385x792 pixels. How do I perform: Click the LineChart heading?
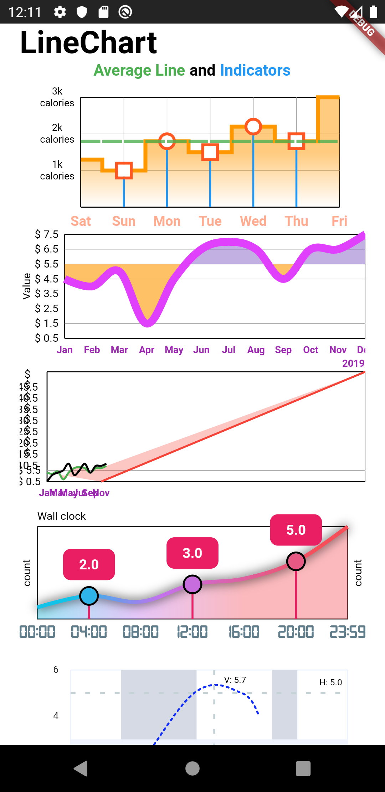[88, 42]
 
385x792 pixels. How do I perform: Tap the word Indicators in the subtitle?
[255, 70]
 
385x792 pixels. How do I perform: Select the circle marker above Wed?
[253, 126]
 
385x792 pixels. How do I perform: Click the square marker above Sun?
[124, 171]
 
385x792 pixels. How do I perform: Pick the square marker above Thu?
[296, 141]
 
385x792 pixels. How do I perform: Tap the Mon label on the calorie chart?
[167, 221]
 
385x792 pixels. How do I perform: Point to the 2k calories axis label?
[57, 133]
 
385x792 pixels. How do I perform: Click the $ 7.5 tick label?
[47, 234]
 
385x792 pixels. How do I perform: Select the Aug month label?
[256, 350]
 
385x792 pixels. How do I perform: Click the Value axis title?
[27, 286]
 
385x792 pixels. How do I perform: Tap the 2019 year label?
[353, 363]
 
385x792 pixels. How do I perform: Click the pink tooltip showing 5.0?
[296, 530]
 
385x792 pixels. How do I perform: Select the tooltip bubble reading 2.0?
[89, 564]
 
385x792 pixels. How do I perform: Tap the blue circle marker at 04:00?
[89, 596]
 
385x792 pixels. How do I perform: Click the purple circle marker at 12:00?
[192, 584]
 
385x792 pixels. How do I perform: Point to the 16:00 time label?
[244, 632]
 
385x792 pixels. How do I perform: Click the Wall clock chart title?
[62, 516]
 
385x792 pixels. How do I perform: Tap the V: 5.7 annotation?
[235, 680]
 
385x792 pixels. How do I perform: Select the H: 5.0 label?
[330, 682]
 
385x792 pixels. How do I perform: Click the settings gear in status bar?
[60, 12]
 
